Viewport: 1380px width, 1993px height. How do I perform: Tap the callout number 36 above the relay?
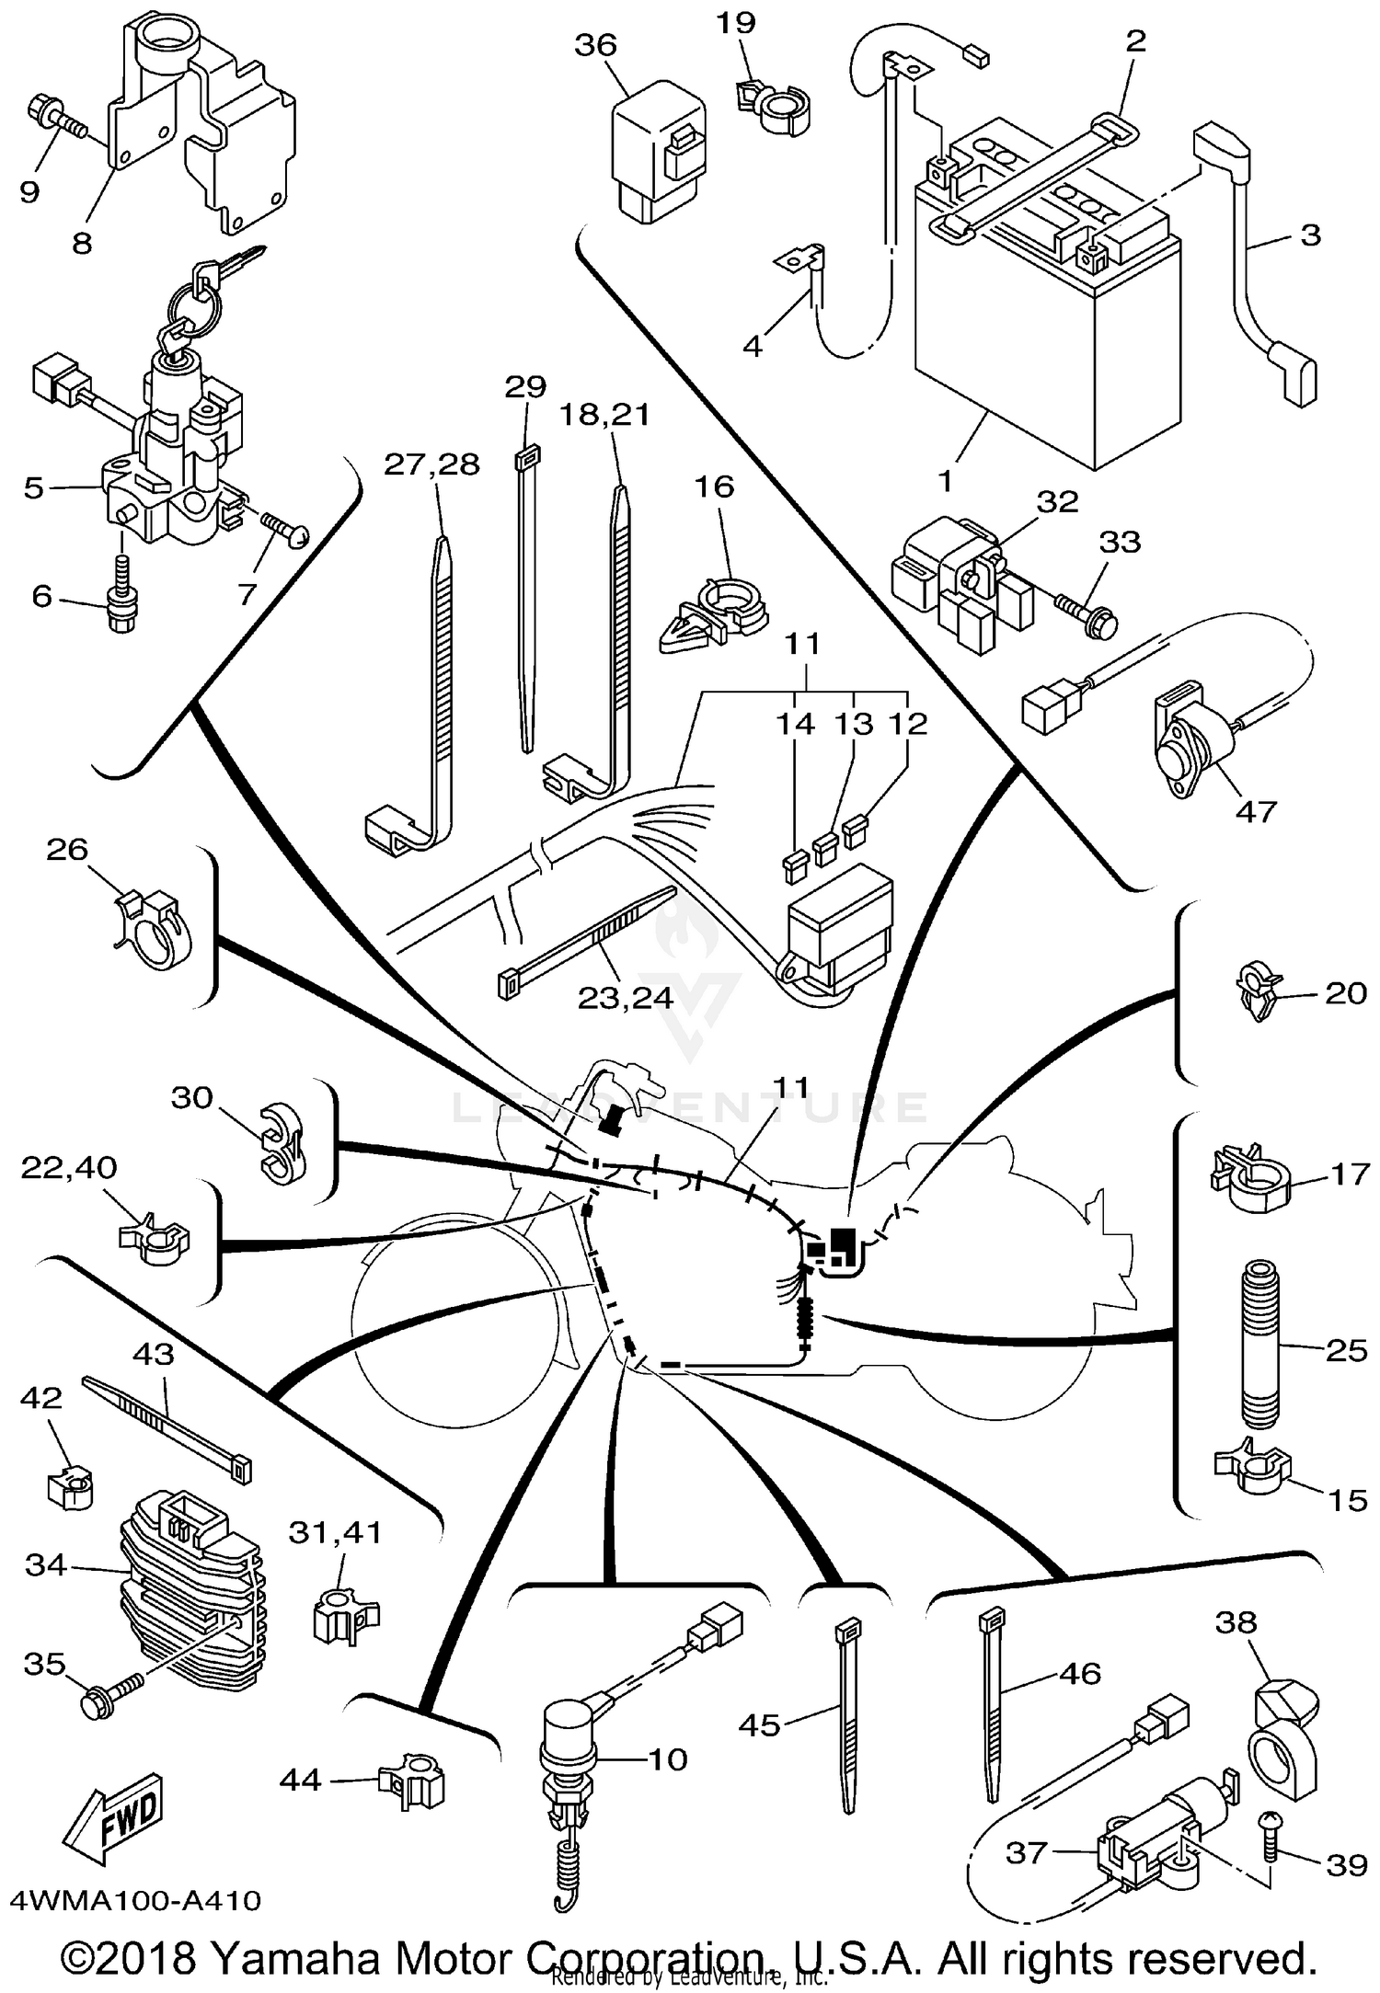595,45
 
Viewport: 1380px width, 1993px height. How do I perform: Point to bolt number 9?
55,118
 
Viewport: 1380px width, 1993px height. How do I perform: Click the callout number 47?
1256,811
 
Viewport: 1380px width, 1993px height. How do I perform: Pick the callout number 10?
668,1759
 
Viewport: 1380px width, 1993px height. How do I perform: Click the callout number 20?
1345,993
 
